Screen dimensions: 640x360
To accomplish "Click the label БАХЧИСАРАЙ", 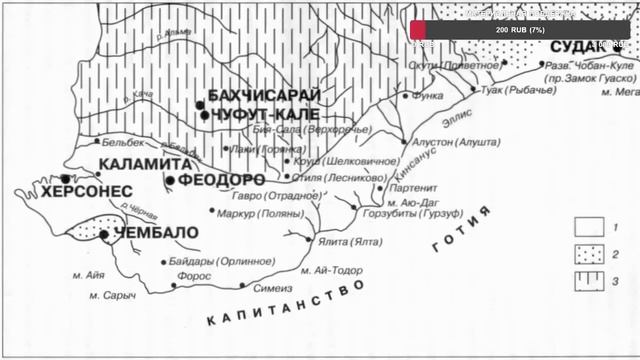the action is coord(264,96).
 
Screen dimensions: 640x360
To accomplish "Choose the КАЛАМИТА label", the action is coord(144,163).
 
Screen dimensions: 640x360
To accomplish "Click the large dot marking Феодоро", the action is coord(170,180).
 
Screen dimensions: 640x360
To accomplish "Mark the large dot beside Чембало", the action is coord(104,234).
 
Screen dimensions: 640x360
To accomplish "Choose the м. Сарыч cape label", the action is coord(107,296).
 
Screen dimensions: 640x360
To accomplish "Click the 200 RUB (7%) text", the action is coord(521,31).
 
